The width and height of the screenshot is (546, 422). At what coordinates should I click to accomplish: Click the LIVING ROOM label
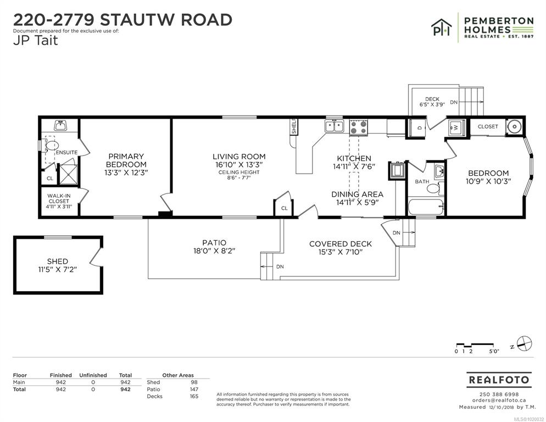pos(239,157)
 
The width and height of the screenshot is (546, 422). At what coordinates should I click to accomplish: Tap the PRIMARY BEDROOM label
pos(126,160)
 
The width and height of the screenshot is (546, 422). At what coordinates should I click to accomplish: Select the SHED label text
pos(58,262)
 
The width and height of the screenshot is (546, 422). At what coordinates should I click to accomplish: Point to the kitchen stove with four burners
pos(359,127)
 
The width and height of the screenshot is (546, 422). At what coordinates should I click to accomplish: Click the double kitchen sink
pos(335,126)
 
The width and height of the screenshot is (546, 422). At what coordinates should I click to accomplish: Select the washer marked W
pos(456,127)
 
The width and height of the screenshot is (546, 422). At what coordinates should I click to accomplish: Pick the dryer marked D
pos(417,127)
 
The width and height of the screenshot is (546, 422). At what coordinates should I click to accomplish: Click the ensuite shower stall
pos(68,175)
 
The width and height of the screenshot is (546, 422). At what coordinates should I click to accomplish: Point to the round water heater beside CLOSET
pos(513,126)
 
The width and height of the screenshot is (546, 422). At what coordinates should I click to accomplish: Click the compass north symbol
pos(524,343)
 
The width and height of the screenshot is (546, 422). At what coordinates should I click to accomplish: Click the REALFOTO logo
pos(499,380)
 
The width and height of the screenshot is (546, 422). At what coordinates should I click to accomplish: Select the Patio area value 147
pos(194,389)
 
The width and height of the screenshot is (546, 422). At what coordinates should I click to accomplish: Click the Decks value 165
pos(194,396)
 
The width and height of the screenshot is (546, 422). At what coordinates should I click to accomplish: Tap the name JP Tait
pos(35,41)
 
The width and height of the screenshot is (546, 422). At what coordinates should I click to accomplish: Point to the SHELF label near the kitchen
pos(293,126)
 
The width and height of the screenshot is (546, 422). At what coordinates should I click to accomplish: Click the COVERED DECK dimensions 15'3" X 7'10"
pos(341,252)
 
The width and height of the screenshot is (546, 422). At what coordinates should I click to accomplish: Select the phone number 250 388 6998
pos(499,395)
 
